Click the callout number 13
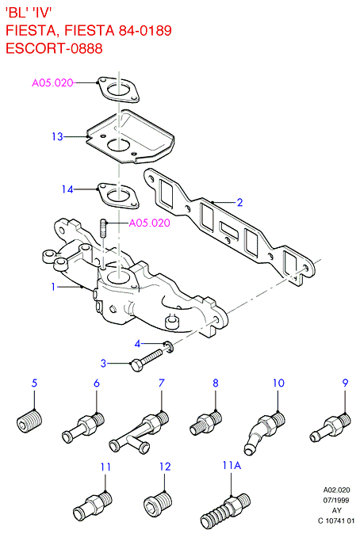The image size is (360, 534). (x=57, y=136)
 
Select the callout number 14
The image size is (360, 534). (x=67, y=189)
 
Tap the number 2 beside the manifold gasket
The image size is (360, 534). (x=239, y=202)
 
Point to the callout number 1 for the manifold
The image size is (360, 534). (x=53, y=287)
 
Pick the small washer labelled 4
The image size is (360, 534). (x=169, y=347)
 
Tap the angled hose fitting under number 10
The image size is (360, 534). (x=264, y=432)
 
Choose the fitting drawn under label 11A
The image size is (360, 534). (x=224, y=509)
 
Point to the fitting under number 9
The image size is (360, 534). (x=330, y=427)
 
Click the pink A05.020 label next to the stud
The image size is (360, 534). (x=149, y=223)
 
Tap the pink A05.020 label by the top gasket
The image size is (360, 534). (x=52, y=82)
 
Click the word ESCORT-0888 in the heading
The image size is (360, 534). (x=54, y=48)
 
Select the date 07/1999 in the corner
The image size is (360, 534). (x=336, y=500)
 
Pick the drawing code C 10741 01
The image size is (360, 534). (x=336, y=521)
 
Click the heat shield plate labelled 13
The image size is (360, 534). (x=129, y=136)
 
